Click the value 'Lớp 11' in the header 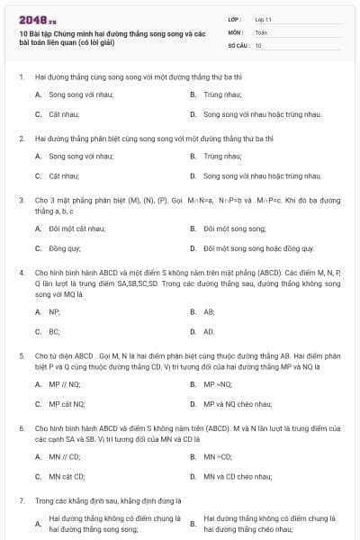point(264,19)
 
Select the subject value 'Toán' point(261,31)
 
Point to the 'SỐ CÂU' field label point(238,45)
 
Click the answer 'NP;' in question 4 point(55,311)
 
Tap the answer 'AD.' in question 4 point(209,331)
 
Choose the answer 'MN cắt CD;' point(67,476)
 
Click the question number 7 point(21,499)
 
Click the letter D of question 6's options point(193,476)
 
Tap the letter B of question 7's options point(193,523)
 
